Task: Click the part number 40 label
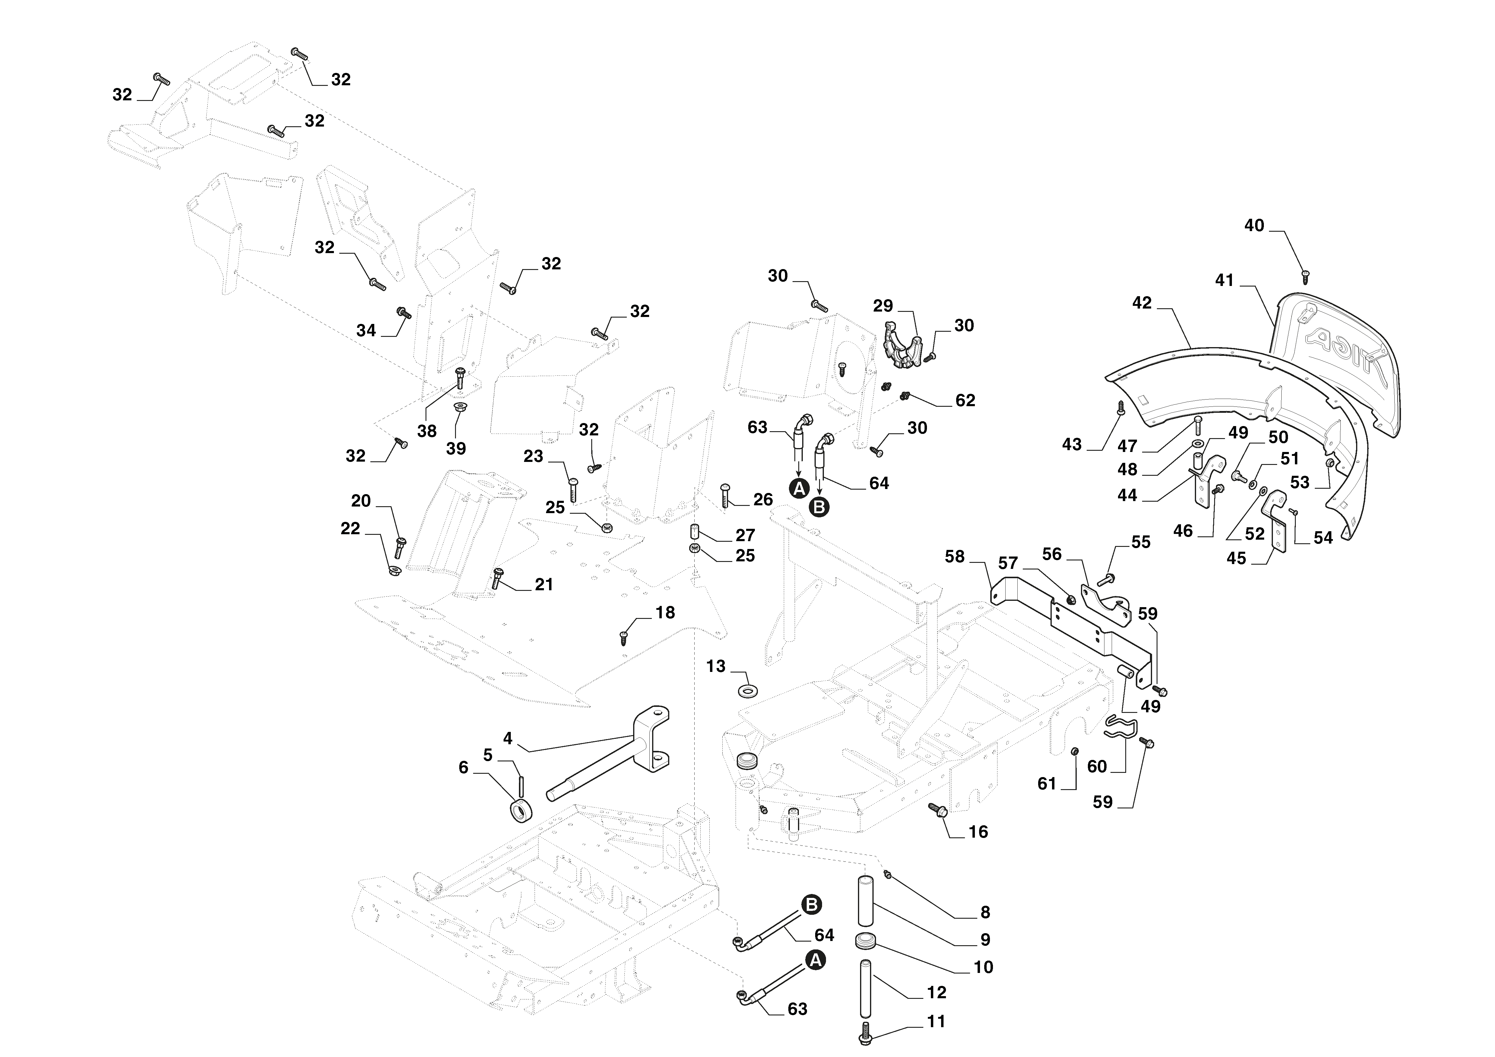pyautogui.click(x=1254, y=226)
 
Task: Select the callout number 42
pyautogui.click(x=1142, y=303)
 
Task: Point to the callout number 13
pyautogui.click(x=716, y=667)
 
